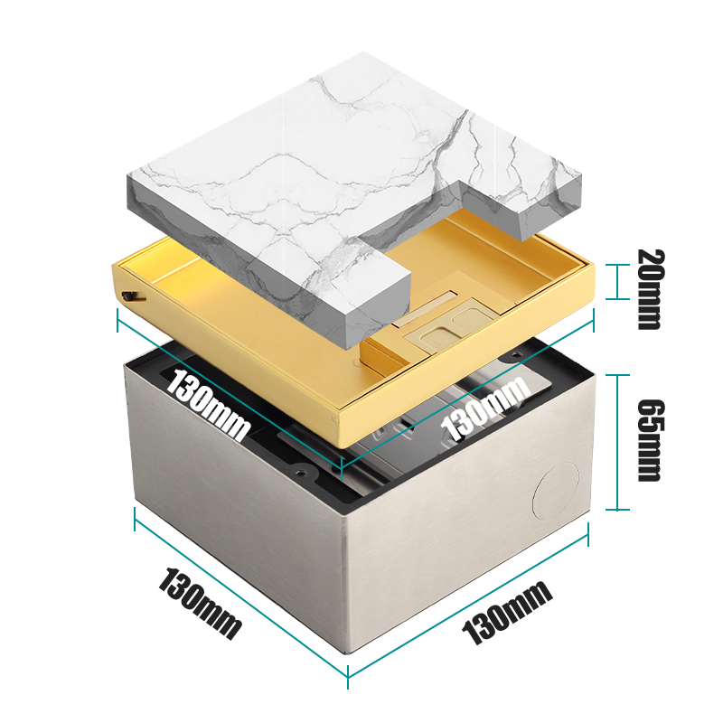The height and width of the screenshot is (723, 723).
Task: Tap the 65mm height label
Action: (x=649, y=440)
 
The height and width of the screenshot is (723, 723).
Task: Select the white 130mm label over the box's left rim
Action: (x=206, y=406)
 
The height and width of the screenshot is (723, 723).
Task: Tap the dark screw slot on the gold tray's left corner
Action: (x=132, y=295)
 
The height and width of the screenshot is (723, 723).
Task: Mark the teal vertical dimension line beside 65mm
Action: (x=617, y=441)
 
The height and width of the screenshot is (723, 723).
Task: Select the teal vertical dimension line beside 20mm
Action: (x=617, y=281)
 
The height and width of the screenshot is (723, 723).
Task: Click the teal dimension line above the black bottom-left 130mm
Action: (x=239, y=591)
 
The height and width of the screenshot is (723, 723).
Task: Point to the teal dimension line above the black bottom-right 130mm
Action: (x=470, y=605)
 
